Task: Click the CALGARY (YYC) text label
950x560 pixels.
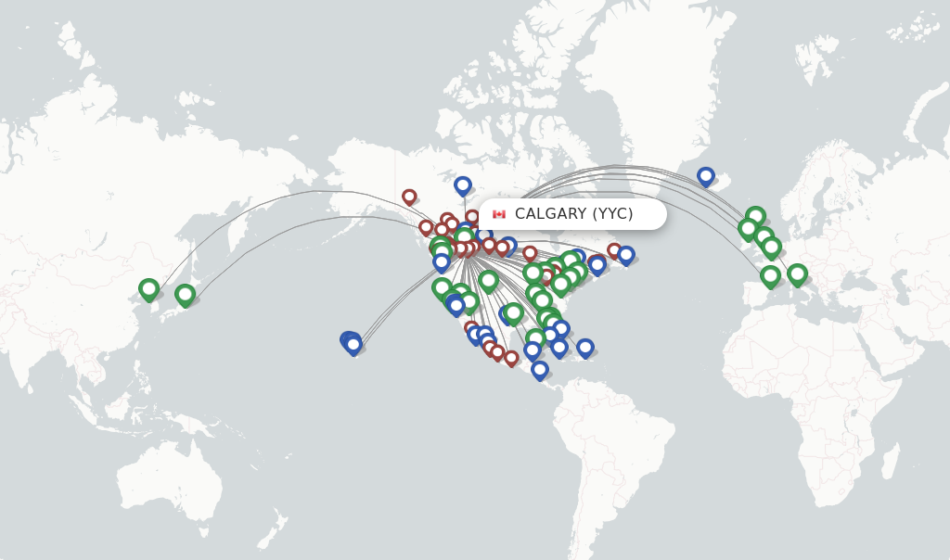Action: (x=573, y=214)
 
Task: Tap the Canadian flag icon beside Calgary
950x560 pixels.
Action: (x=499, y=214)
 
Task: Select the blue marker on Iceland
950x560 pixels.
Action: (x=706, y=175)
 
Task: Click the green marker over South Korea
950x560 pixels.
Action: (x=148, y=288)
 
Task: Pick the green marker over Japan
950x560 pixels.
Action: (x=185, y=294)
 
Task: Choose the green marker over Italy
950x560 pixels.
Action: (x=797, y=274)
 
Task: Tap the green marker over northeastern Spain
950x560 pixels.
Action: (x=770, y=274)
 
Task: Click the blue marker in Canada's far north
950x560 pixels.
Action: (x=463, y=185)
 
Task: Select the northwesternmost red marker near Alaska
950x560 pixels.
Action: (x=409, y=197)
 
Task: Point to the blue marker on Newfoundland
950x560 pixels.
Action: (x=626, y=254)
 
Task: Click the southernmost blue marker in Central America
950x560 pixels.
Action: (x=540, y=369)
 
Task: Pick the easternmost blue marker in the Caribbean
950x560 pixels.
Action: (x=585, y=347)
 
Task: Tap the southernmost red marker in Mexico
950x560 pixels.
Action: (x=511, y=358)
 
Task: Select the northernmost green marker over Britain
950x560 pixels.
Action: (x=755, y=216)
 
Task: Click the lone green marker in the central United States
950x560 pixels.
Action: (x=489, y=279)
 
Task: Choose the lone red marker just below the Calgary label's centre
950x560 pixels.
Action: (x=530, y=253)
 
